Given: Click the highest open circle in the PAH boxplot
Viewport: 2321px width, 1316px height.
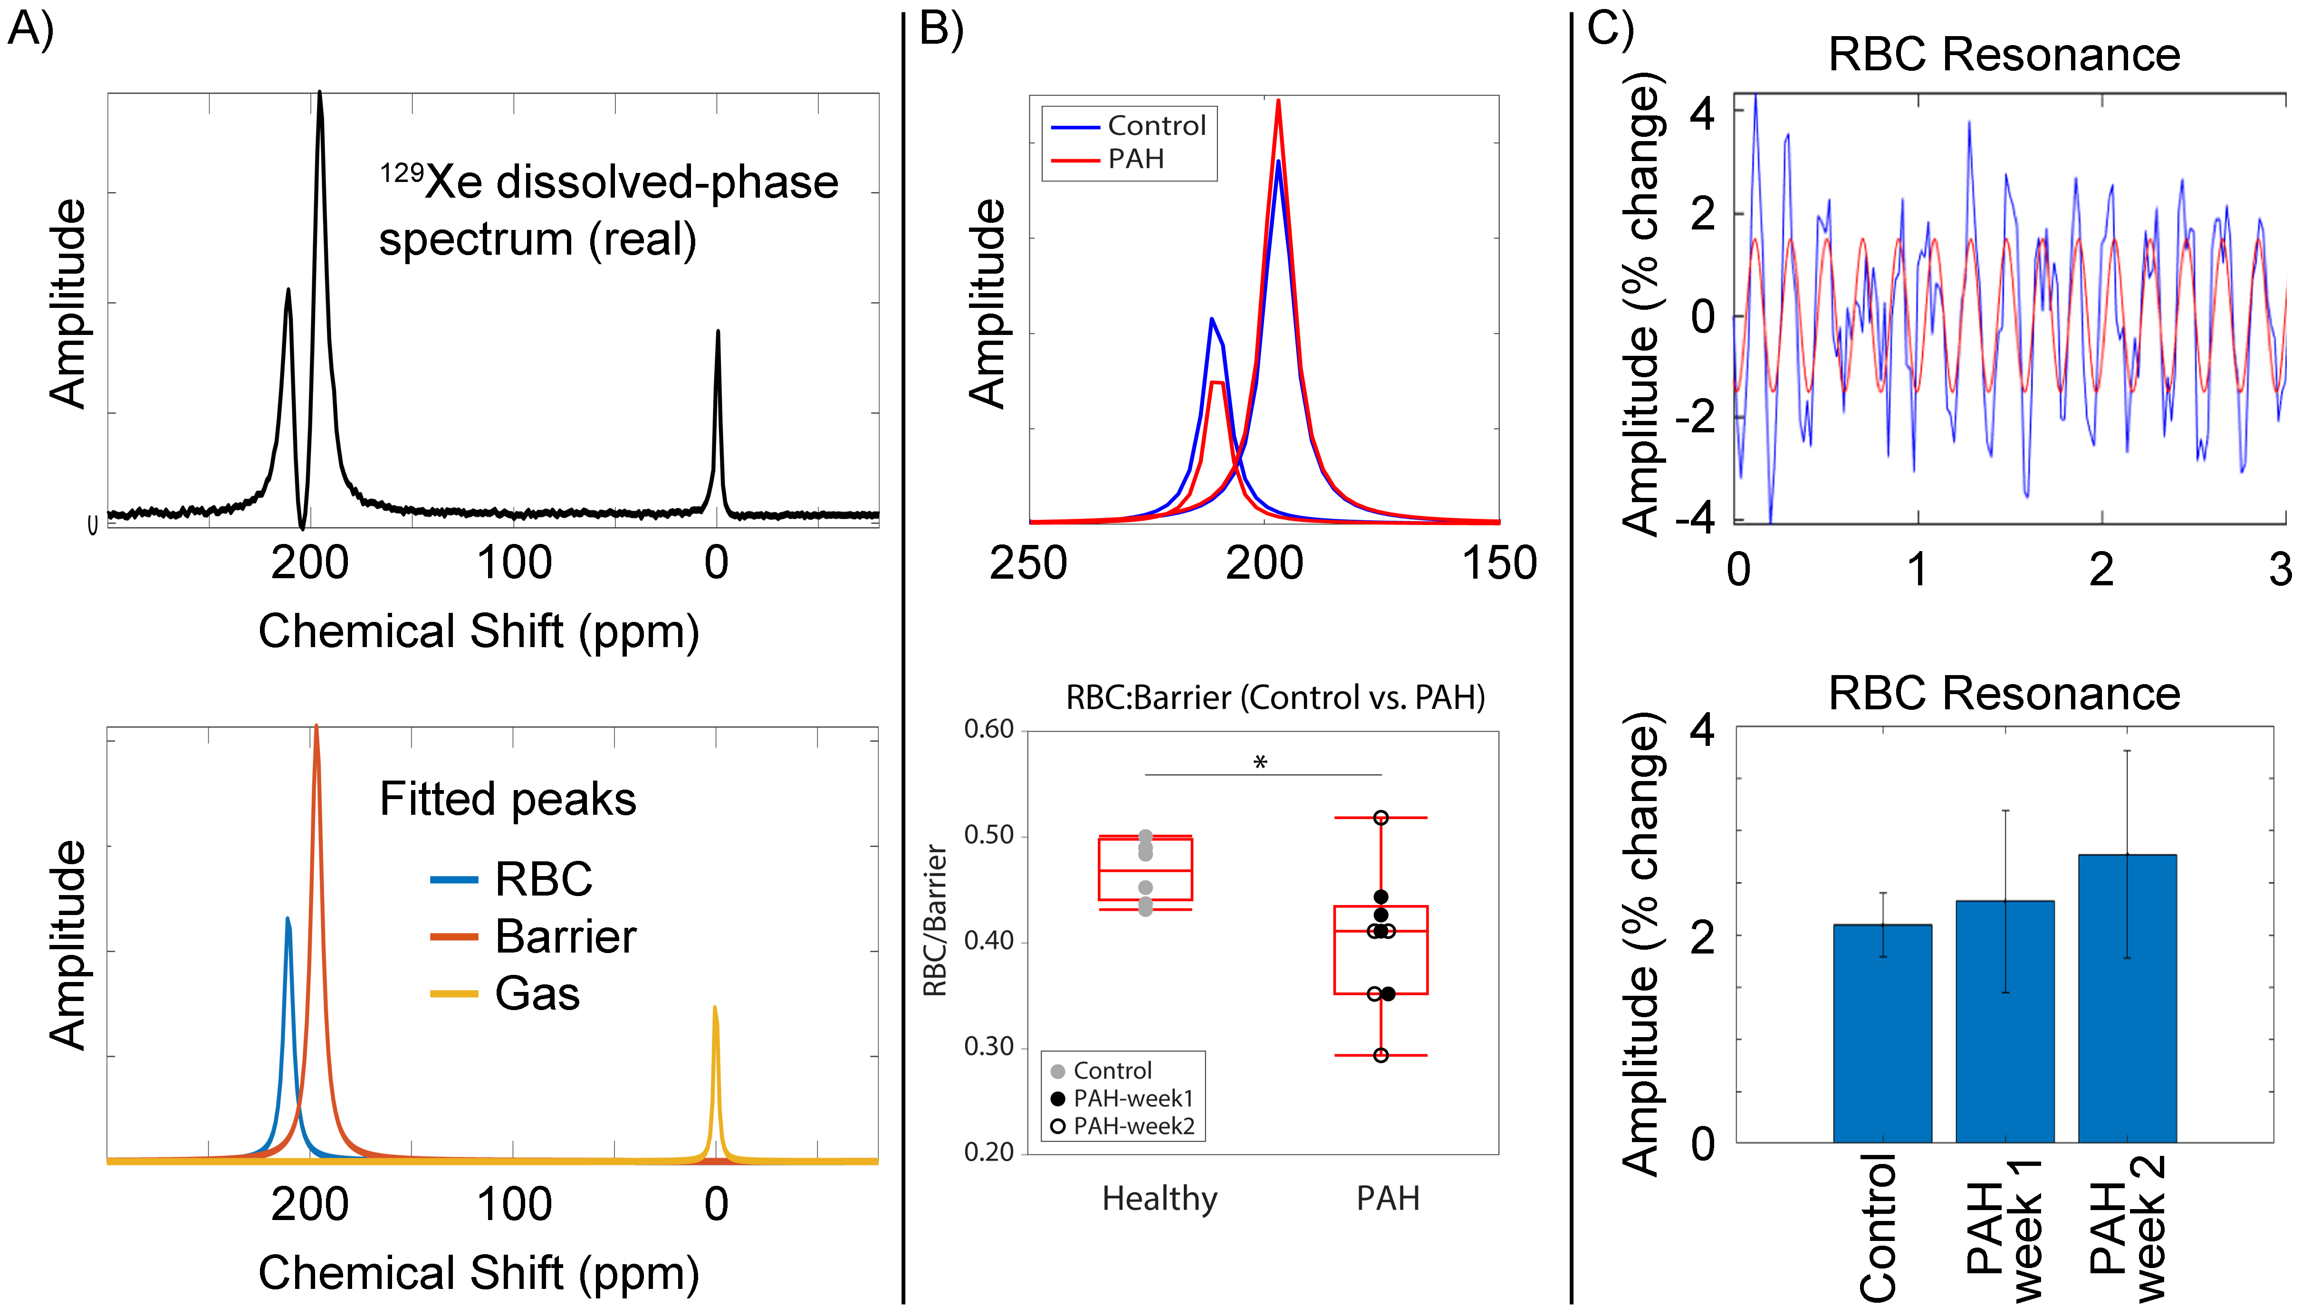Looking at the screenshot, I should coord(1380,818).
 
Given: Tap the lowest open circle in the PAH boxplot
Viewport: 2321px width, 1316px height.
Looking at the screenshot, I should coord(1380,1055).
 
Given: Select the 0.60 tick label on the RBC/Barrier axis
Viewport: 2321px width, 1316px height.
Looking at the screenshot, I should coord(989,729).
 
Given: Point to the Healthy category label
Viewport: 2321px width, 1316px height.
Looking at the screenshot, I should coord(1160,1199).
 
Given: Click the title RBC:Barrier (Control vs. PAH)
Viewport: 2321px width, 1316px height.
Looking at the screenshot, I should coord(1275,698).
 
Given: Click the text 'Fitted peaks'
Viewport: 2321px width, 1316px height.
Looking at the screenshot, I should coord(508,799).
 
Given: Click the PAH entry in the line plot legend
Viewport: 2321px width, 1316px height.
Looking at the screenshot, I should coord(1135,159).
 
